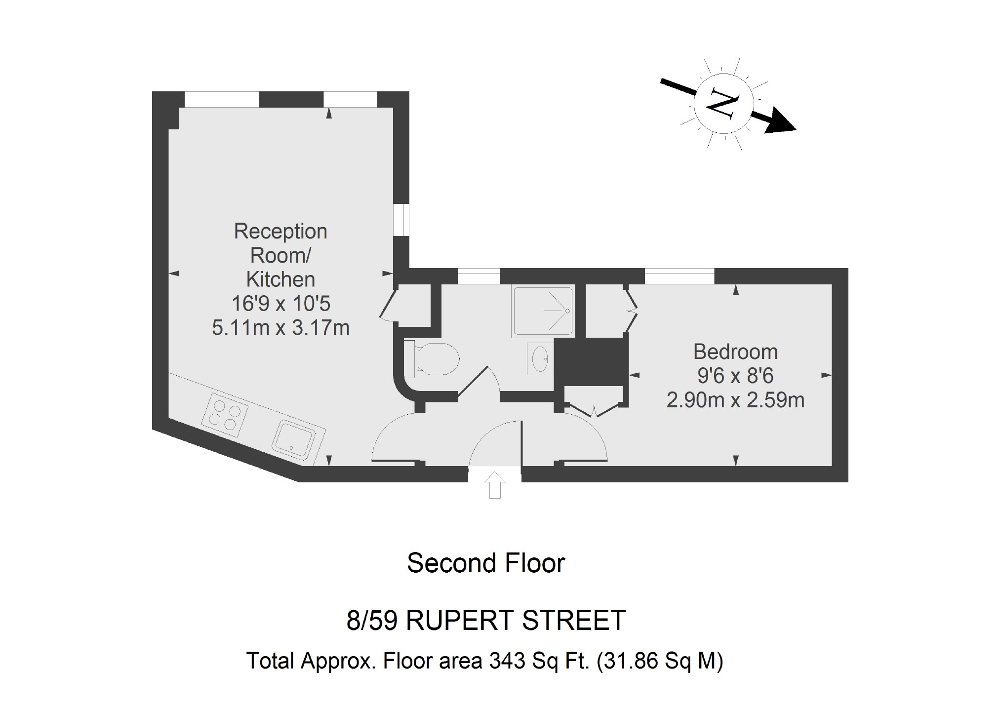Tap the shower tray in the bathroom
543,311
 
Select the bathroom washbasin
540,358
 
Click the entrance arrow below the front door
495,485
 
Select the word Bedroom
735,352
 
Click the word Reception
280,231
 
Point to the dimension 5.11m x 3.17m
280,327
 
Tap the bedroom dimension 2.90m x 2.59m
735,400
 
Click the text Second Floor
486,563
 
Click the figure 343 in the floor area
507,661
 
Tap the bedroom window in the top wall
680,276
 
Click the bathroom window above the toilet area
479,276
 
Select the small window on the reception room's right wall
401,220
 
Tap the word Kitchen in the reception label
280,279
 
